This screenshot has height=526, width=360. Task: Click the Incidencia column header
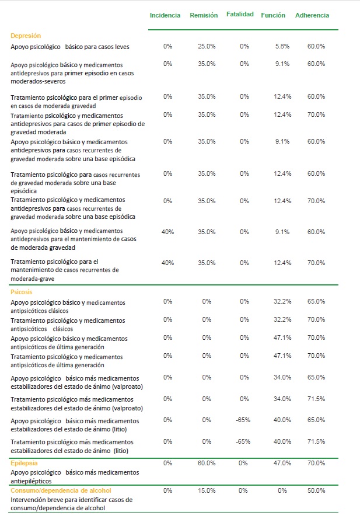[x=165, y=15]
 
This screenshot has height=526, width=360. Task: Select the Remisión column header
[x=204, y=15]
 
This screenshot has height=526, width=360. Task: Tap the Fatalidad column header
[x=240, y=14]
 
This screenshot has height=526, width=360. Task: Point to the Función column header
[x=273, y=15]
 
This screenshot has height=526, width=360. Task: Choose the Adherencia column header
[x=312, y=15]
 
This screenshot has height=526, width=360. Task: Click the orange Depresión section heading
[x=26, y=36]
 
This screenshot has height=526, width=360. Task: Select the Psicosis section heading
[x=22, y=292]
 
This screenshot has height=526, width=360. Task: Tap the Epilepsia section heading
[x=24, y=463]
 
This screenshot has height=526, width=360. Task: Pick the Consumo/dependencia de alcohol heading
[x=61, y=490]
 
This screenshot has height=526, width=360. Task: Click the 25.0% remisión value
[x=207, y=46]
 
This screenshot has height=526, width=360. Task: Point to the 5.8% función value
[x=282, y=46]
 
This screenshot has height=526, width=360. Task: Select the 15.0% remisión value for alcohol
[x=207, y=490]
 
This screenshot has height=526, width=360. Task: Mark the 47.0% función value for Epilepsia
[x=282, y=463]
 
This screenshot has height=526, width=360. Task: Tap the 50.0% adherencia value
[x=316, y=490]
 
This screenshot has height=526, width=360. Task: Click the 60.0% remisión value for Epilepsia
[x=207, y=463]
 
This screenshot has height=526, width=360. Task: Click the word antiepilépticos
[x=31, y=481]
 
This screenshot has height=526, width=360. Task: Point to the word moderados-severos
[x=38, y=81]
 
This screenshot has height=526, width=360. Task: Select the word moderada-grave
[x=33, y=279]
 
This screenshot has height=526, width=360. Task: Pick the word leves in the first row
[x=122, y=47]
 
